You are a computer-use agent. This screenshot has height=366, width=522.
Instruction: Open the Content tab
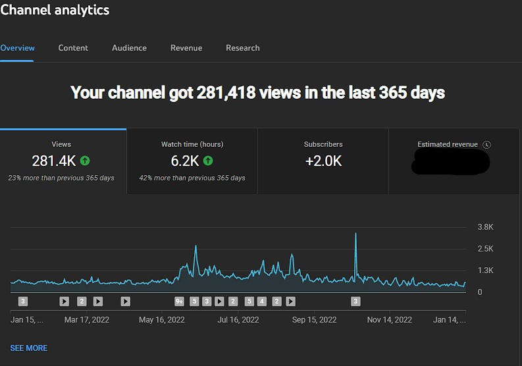(x=73, y=48)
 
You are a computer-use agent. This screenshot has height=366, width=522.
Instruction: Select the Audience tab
(x=129, y=48)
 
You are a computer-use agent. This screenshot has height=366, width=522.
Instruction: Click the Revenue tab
(x=186, y=48)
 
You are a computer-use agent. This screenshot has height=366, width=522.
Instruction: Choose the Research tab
(x=242, y=48)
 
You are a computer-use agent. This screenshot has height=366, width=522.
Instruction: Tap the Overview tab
(x=18, y=48)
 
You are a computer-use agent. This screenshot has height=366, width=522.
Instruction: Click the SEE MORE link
(x=29, y=348)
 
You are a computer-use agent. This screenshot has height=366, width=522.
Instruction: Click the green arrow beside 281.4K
(x=85, y=161)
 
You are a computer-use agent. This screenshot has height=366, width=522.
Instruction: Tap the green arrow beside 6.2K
(x=208, y=161)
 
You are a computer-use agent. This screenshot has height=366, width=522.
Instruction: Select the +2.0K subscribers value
(x=323, y=161)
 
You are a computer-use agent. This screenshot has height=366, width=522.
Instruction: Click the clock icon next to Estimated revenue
(x=486, y=145)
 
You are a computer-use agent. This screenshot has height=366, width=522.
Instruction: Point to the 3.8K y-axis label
(x=485, y=227)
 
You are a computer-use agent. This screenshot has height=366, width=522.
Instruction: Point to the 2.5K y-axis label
(x=485, y=249)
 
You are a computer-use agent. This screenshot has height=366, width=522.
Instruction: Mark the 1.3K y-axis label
(x=485, y=271)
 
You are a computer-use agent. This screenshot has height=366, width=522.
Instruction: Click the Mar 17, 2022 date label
(x=87, y=320)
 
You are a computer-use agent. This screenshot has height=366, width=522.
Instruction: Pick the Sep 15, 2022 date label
(x=314, y=320)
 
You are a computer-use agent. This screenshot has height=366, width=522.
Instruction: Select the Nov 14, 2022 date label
(x=389, y=320)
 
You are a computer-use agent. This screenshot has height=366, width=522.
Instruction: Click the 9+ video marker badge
(x=180, y=301)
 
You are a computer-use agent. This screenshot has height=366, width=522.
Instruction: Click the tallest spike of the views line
(x=355, y=234)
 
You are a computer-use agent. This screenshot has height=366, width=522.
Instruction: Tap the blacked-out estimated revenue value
(x=451, y=162)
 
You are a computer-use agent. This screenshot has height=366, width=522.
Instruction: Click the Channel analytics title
(x=55, y=10)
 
